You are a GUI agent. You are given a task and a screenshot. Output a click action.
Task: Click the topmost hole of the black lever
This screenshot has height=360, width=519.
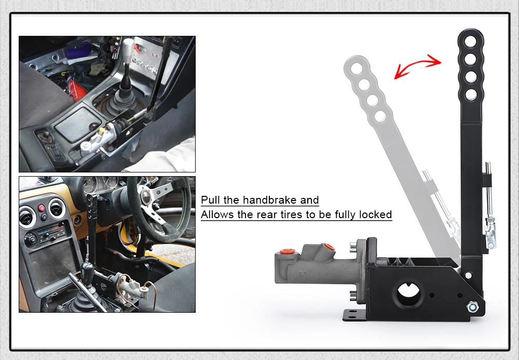pyautogui.click(x=470, y=42)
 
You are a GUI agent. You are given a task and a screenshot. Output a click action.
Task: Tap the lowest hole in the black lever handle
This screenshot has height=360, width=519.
pyautogui.click(x=471, y=95)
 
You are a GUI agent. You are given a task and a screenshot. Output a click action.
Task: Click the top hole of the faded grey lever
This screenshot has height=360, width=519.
pyautogui.click(x=357, y=69)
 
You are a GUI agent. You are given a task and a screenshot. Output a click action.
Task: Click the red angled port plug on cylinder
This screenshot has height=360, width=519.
pyautogui.click(x=329, y=247)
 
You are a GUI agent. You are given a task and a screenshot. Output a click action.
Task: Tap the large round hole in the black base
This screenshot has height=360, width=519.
pyautogui.click(x=408, y=293)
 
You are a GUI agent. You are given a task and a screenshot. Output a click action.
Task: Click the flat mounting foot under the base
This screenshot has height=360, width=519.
pyautogui.click(x=354, y=315)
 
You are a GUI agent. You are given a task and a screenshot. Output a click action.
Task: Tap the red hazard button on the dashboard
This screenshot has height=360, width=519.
pyautogui.click(x=42, y=208)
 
